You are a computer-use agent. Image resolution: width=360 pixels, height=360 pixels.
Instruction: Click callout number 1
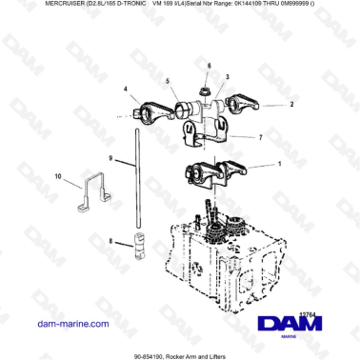(278, 164)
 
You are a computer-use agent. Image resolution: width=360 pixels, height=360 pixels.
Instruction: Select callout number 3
(228, 74)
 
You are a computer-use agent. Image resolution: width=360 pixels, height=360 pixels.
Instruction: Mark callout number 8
(111, 242)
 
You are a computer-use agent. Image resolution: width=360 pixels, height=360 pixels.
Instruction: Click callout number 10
(56, 176)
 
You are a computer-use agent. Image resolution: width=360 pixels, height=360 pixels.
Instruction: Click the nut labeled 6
(206, 89)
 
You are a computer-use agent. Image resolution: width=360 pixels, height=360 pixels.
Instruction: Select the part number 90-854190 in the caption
(152, 353)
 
